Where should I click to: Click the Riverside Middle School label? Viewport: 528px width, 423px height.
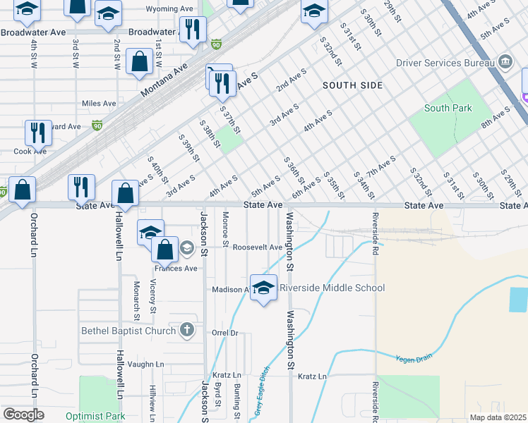coord(332,288)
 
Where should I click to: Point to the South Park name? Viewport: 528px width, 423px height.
coord(448,108)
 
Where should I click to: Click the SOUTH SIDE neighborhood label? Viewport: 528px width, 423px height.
coord(352,85)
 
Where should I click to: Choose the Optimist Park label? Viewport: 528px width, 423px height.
coord(95,416)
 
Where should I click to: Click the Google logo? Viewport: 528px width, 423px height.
coord(23,415)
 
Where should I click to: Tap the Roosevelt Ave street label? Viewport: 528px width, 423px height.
coord(258,247)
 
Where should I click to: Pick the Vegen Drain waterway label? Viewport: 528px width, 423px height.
coord(413,358)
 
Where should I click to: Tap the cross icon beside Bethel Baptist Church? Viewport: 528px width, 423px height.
coord(186,330)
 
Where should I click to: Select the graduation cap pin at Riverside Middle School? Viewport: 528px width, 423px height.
coord(263,288)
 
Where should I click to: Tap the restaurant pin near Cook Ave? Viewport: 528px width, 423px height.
coord(37,132)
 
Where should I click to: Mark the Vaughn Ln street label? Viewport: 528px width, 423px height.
coord(146,364)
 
